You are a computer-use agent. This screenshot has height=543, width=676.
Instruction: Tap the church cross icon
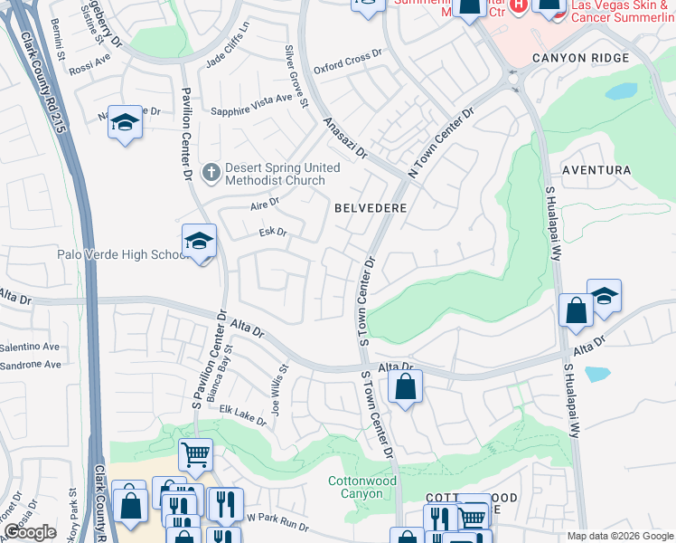click(x=211, y=171)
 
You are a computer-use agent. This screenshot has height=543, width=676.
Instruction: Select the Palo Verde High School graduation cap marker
click(x=199, y=242)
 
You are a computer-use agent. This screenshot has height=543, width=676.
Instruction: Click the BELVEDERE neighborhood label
click(x=371, y=208)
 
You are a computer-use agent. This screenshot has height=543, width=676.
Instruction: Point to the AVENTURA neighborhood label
click(x=596, y=170)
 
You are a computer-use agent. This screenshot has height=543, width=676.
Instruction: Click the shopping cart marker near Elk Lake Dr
click(x=195, y=454)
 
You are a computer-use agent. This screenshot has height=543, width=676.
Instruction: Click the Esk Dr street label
click(x=272, y=233)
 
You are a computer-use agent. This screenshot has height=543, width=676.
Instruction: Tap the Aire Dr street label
click(x=264, y=205)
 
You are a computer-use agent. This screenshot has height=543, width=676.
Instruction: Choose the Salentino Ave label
click(x=29, y=347)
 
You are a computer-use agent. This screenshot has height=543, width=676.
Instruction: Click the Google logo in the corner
click(x=29, y=533)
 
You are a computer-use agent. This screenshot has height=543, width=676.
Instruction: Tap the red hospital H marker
click(x=518, y=5)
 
